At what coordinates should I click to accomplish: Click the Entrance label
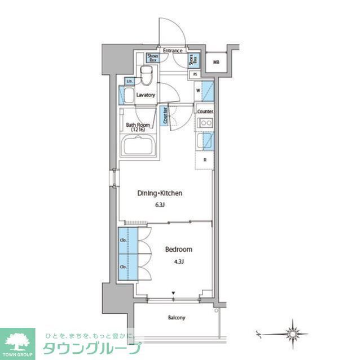coord(173,51)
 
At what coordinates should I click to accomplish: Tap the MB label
coord(216,61)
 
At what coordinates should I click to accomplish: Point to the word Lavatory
coord(146,95)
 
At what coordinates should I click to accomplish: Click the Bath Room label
coord(137,127)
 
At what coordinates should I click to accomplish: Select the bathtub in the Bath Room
coord(141,150)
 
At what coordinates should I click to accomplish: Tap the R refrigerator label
coord(204,159)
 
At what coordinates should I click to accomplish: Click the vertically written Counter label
coord(165,115)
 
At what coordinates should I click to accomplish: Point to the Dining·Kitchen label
coord(160,193)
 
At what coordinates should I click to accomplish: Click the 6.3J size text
coord(160,205)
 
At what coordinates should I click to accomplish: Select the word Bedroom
coord(179,249)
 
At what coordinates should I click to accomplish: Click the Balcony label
coord(176,318)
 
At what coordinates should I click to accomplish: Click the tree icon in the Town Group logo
coord(17,340)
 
